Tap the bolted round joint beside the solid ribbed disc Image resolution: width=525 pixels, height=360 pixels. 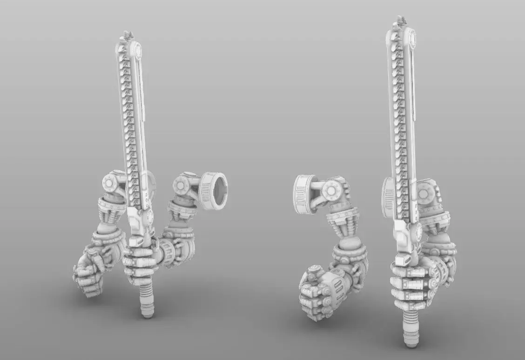(x=332, y=190)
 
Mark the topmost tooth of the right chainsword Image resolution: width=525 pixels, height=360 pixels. (x=400, y=21)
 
